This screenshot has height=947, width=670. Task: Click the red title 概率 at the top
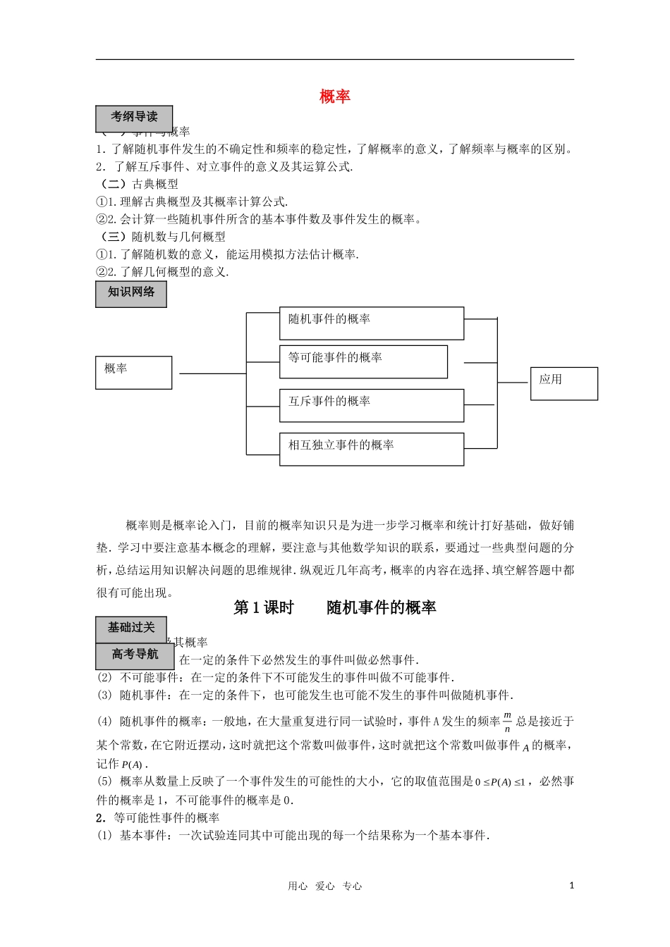point(335,97)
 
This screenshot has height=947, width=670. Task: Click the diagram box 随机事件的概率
point(372,323)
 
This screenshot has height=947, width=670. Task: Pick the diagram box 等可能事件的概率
point(363,361)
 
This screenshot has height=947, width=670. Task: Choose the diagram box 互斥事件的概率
point(372,405)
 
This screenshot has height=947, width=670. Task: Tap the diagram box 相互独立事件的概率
point(372,449)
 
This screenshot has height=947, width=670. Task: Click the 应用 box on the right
point(564,383)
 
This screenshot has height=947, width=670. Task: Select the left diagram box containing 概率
point(133,372)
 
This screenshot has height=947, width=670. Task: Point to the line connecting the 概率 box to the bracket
point(212,373)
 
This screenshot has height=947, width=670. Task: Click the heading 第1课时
point(263,607)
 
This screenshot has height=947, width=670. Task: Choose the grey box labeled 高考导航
point(135,656)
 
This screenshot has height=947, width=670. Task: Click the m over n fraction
point(507,722)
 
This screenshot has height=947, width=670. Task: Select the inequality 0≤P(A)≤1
point(500,782)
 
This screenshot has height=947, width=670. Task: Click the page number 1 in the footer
point(571,886)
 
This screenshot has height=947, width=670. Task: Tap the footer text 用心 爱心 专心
point(325,886)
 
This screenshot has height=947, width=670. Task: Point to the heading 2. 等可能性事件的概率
point(158,817)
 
